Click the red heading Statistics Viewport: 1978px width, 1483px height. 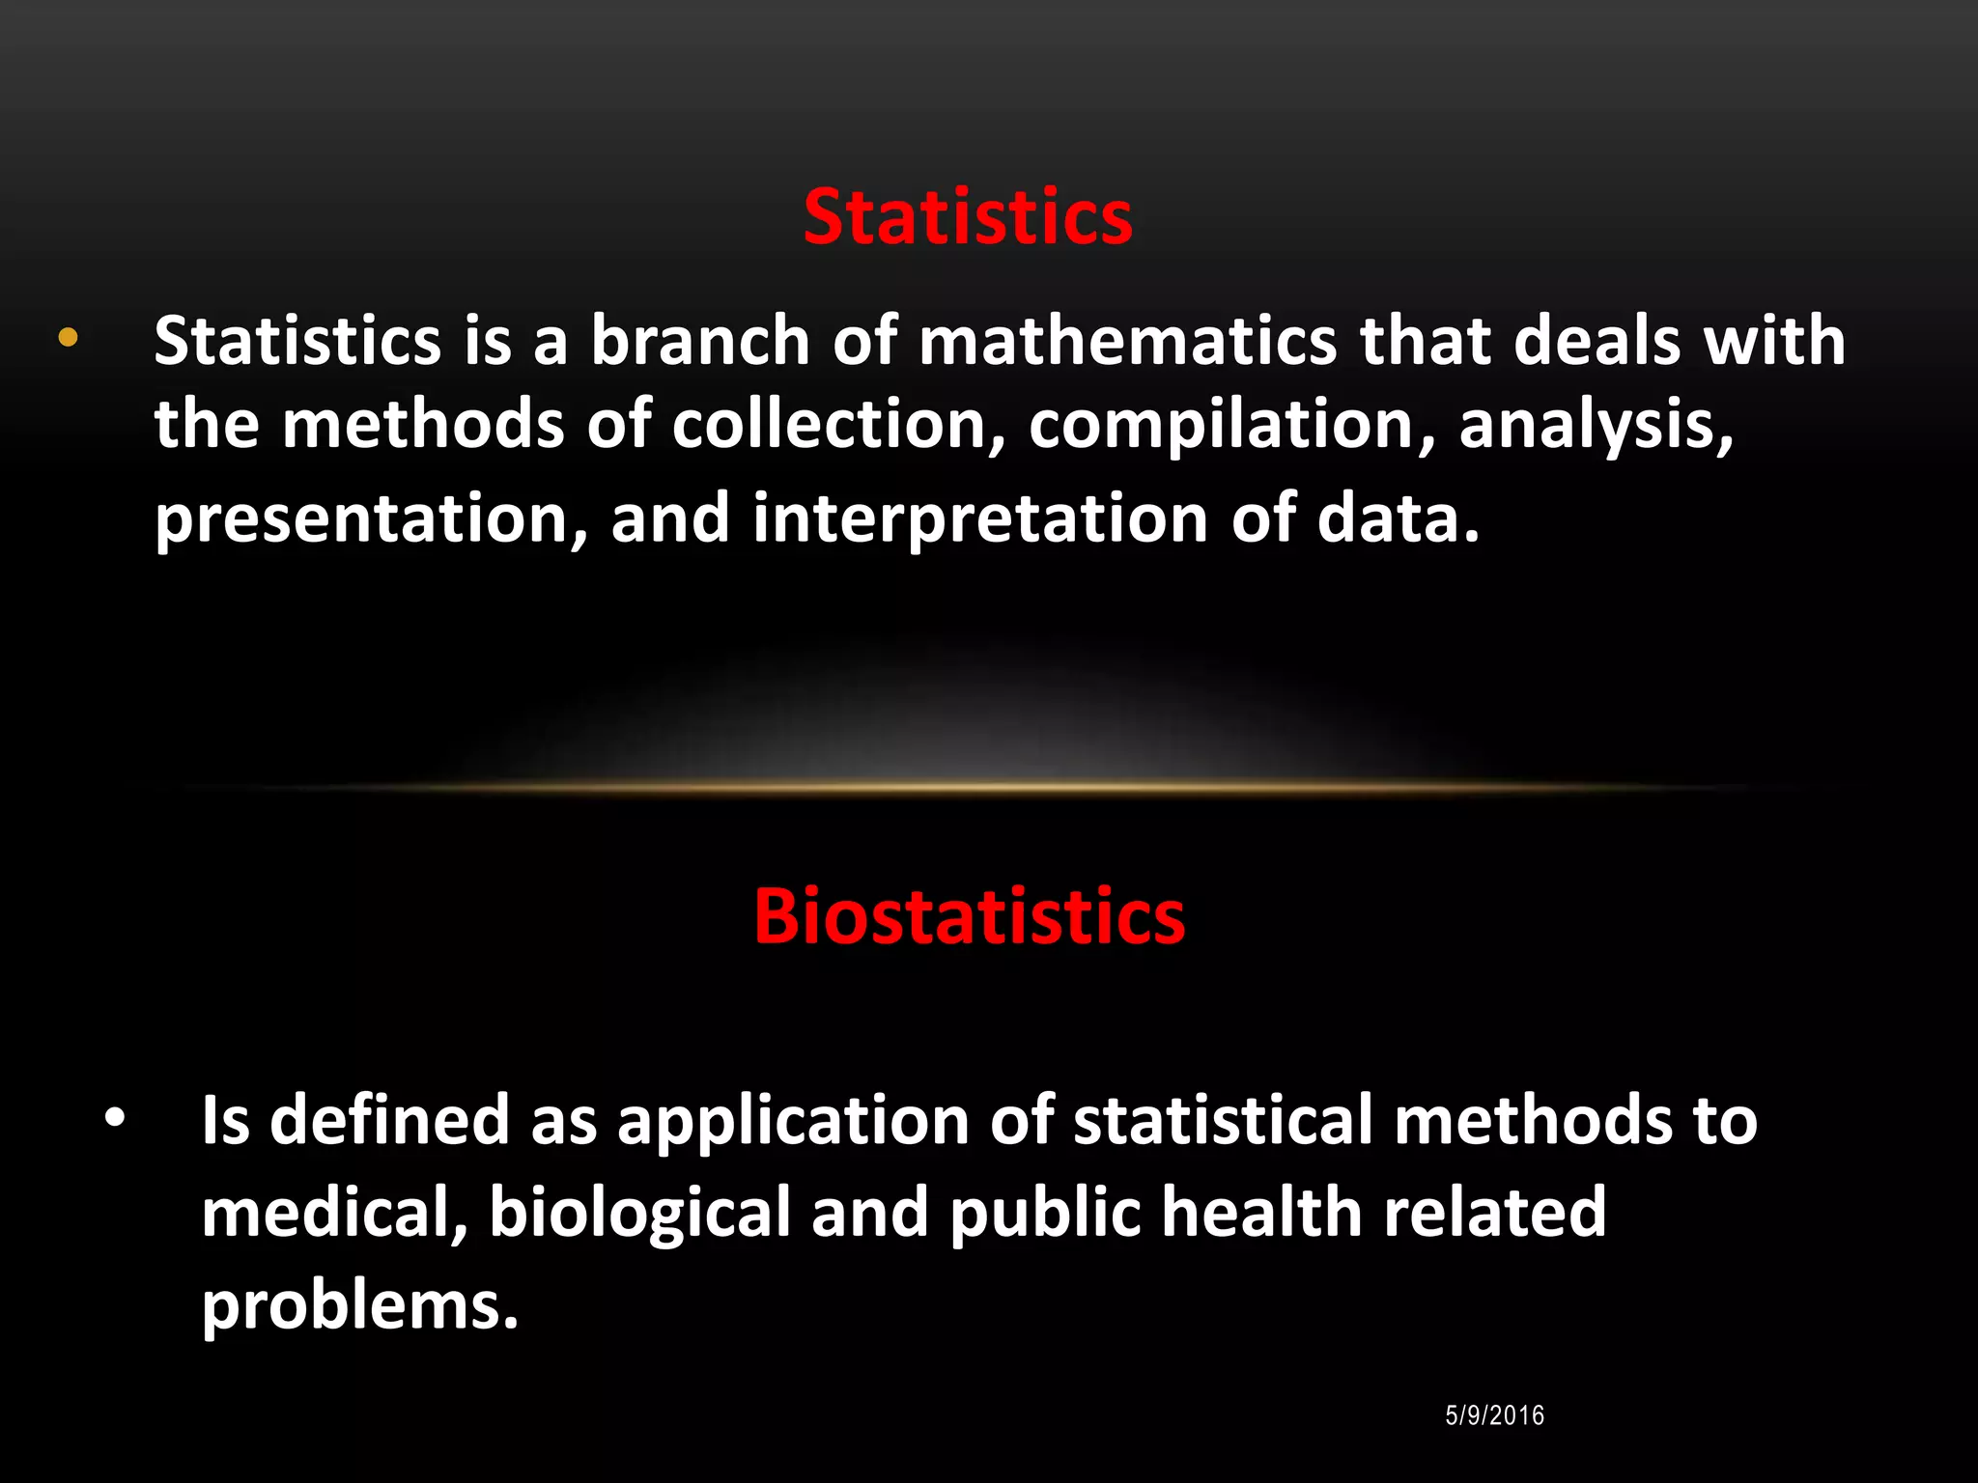[x=968, y=217]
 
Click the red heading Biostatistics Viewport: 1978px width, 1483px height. [x=969, y=915]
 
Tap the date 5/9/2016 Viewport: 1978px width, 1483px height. [x=1494, y=1415]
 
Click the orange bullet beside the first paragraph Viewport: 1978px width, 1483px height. [x=68, y=338]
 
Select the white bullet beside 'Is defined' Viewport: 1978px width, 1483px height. [x=115, y=1119]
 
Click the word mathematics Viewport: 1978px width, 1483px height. [x=1127, y=341]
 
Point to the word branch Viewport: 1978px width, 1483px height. [x=700, y=341]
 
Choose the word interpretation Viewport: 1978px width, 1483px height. [x=979, y=519]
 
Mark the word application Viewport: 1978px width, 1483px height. [x=793, y=1122]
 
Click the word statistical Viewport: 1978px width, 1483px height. [x=1223, y=1120]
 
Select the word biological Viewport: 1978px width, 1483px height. [x=639, y=1213]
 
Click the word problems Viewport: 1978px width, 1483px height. [x=359, y=1305]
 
